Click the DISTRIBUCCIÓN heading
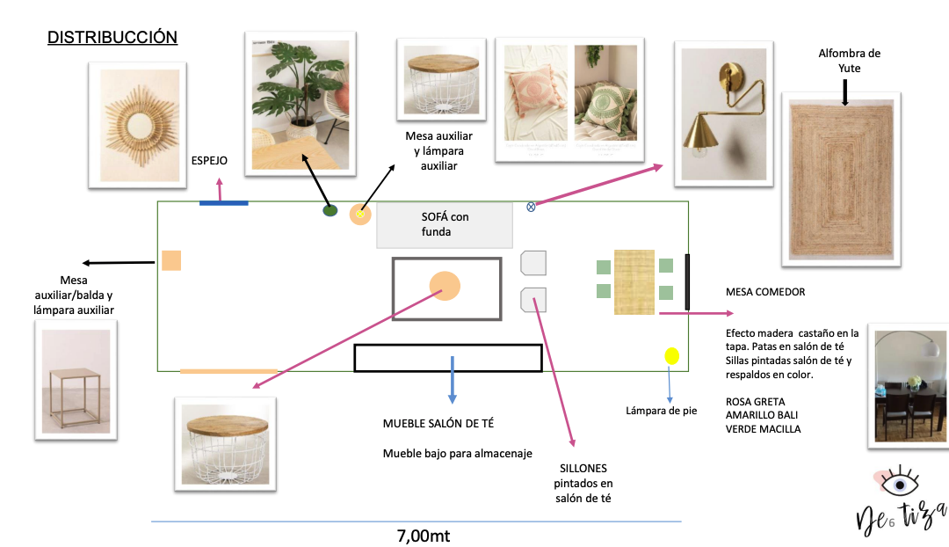coord(112,38)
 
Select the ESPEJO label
coord(210,161)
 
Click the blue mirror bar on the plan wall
coord(223,203)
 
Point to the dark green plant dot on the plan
coord(330,210)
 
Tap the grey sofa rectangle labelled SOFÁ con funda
coord(444,225)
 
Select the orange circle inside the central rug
coord(445,287)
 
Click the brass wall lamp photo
coord(723,113)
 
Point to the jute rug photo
coord(841,179)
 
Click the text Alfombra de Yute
coord(849,61)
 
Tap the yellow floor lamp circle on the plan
coord(672,356)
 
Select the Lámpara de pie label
coord(662,410)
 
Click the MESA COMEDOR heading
coord(765,292)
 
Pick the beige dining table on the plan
coord(634,281)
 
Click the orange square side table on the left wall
coord(171,260)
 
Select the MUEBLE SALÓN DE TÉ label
coord(438,423)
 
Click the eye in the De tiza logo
coord(898,485)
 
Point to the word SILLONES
coord(580,468)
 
